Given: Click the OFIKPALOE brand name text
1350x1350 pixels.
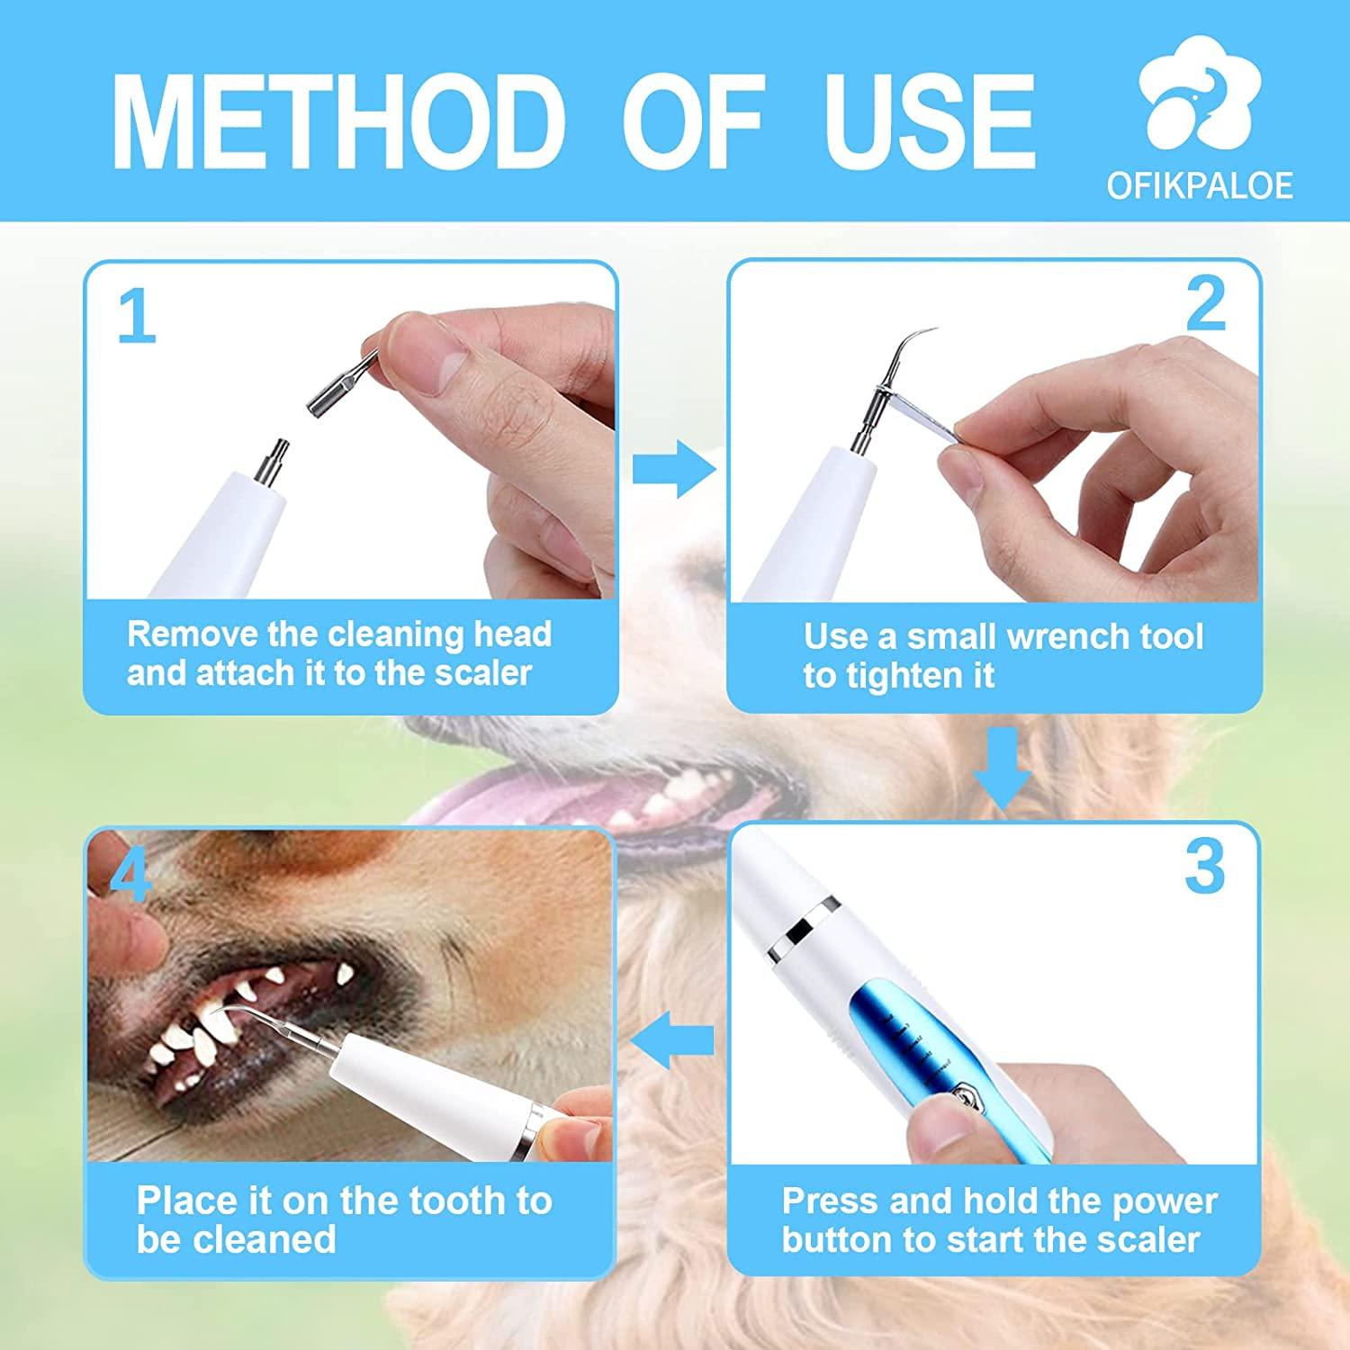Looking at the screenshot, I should [x=1200, y=185].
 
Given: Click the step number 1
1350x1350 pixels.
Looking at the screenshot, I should [x=137, y=317].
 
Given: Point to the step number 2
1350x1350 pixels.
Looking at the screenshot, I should [x=1205, y=305].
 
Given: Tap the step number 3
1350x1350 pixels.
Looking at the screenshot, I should [x=1204, y=868].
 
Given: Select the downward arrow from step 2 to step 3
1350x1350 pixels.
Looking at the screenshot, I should [x=1003, y=767].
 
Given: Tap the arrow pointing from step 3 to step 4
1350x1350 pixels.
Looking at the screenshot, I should [x=671, y=1040].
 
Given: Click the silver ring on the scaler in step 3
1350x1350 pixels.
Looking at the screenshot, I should [x=807, y=921].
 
